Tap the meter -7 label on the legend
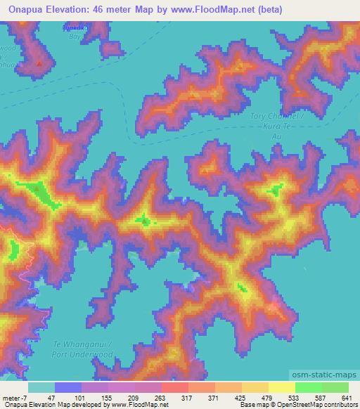[15, 397]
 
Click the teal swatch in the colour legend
[41, 387]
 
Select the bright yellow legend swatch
[282, 387]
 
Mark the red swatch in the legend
[175, 387]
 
